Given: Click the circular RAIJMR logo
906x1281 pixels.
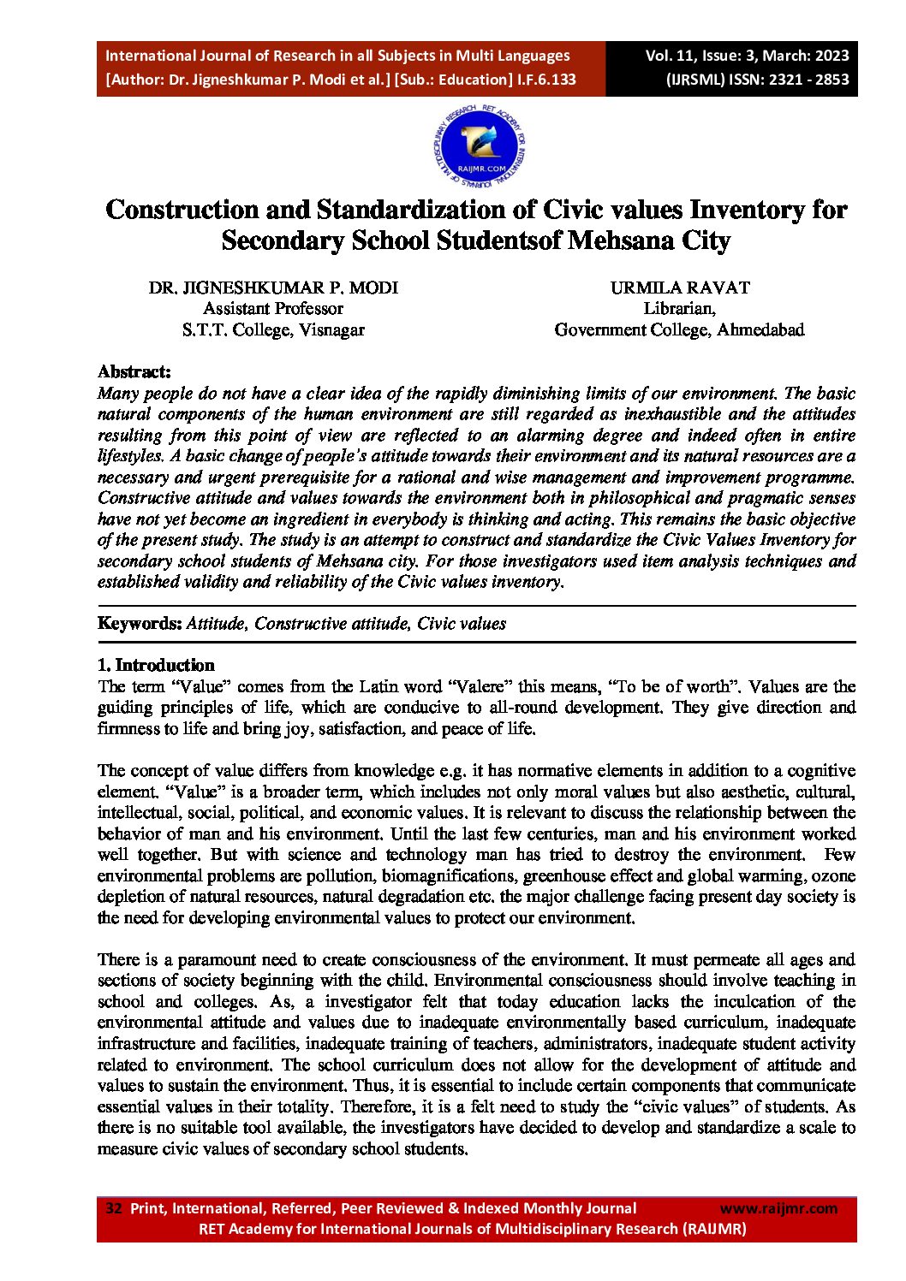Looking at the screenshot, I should [x=480, y=146].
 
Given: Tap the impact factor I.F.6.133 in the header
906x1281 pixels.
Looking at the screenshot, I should [x=545, y=80].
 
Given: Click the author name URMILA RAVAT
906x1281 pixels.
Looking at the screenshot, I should [x=680, y=288].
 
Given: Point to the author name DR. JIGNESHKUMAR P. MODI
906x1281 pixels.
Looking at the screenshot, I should [x=273, y=288].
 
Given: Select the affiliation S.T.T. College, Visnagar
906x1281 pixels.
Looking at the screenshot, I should [x=273, y=329].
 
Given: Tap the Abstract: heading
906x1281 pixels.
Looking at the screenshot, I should [x=134, y=371].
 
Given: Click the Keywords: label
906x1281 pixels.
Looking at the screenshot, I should [x=140, y=623].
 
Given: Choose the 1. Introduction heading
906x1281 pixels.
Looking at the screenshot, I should [x=156, y=665].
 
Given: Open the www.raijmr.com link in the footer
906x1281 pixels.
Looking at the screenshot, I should [x=778, y=1208].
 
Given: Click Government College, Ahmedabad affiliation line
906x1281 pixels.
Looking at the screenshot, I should [x=680, y=329].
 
